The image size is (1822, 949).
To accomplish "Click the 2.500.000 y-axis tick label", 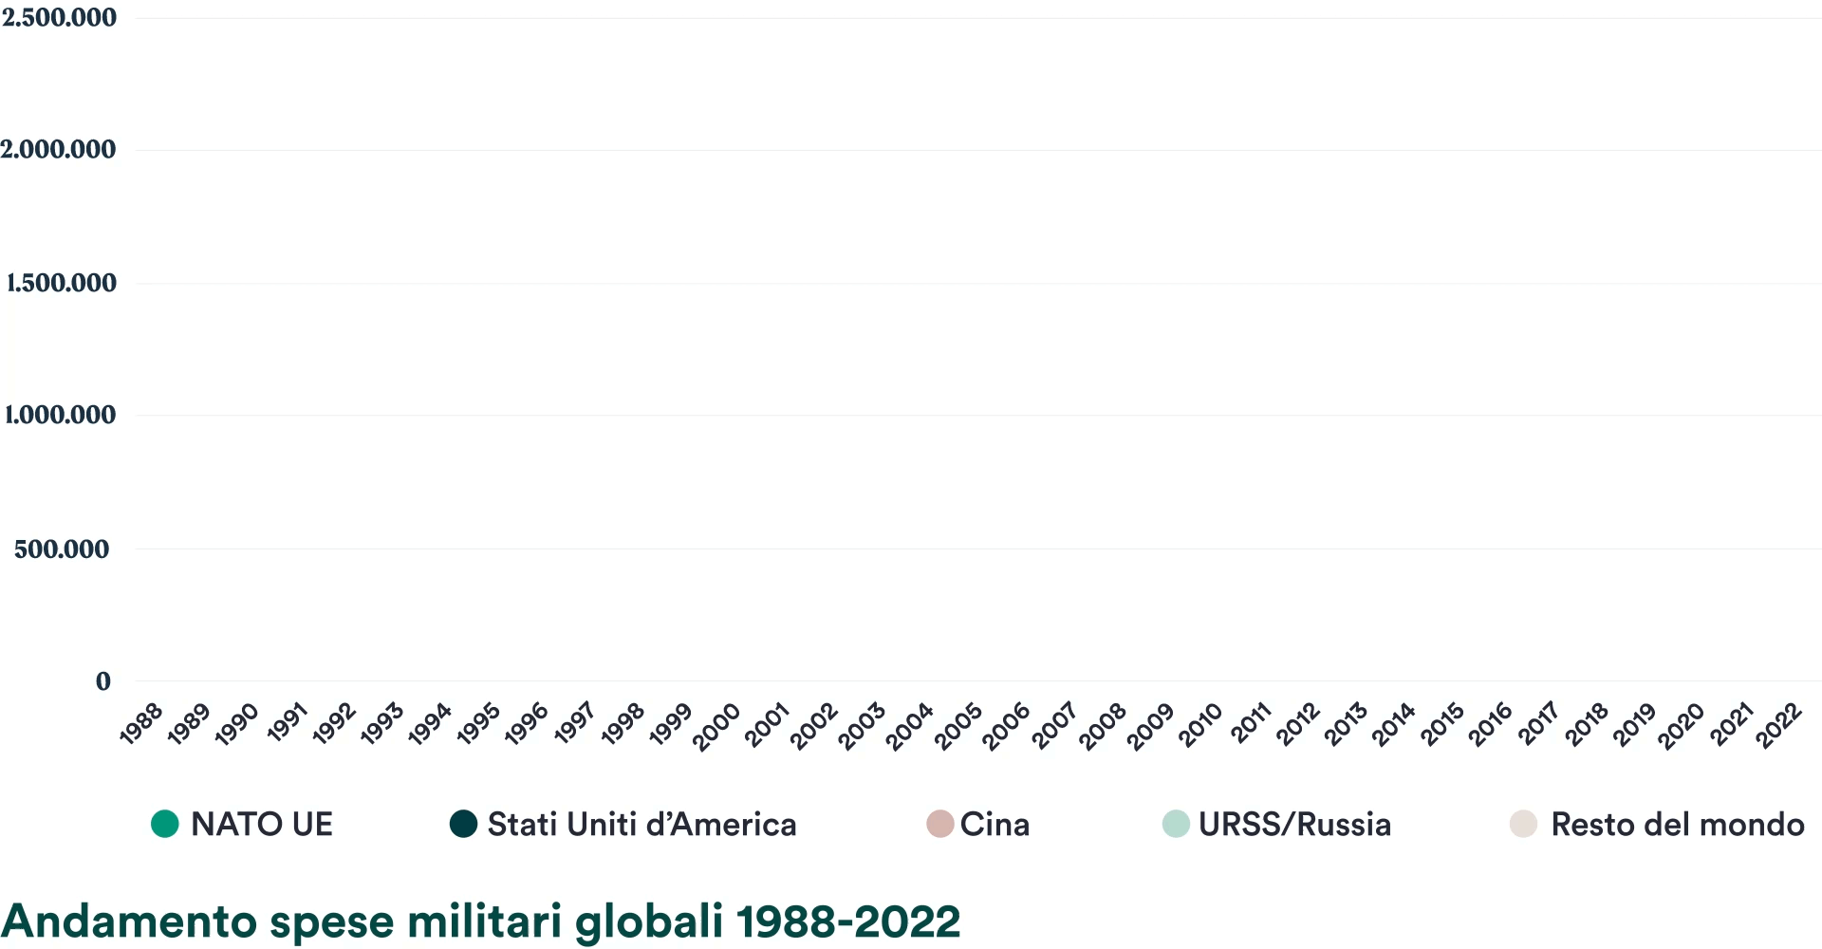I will (59, 17).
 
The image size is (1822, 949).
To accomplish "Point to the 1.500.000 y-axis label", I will (61, 283).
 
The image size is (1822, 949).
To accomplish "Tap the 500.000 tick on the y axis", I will (62, 549).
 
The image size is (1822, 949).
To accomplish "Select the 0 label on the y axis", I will (103, 680).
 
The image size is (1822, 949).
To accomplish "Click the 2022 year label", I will (1779, 726).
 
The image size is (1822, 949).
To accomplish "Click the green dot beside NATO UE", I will (165, 824).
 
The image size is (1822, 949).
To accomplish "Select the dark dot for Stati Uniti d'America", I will (463, 824).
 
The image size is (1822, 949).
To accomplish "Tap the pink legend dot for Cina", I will (939, 824).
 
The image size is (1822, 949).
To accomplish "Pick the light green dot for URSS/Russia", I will (1176, 824).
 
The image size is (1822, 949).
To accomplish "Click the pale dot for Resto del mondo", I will (1523, 824).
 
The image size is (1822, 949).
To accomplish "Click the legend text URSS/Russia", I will (1294, 825).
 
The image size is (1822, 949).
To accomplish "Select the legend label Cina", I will (995, 825).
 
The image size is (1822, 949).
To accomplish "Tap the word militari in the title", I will (485, 921).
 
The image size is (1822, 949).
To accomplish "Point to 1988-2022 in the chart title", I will (848, 922).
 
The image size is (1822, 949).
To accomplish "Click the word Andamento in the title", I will (130, 921).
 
